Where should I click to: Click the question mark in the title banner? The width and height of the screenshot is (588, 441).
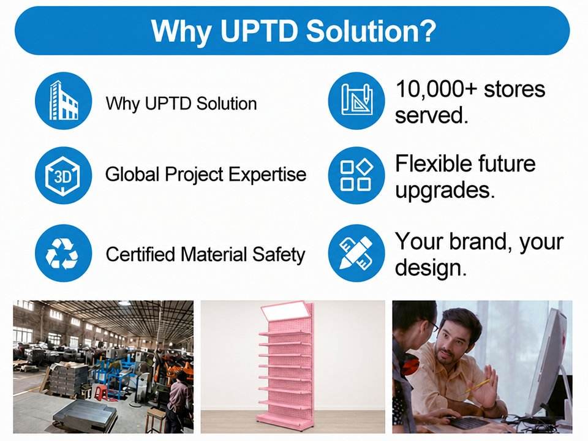pos(426,30)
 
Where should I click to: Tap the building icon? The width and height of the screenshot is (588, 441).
pos(63,101)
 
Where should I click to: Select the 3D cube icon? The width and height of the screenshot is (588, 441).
pos(63,175)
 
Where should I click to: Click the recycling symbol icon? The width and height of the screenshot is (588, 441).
pos(63,253)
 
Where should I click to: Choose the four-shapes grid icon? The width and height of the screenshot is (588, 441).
pos(356,175)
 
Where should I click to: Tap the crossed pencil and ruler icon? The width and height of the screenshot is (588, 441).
pos(356,253)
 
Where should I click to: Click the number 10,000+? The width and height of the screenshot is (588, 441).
pos(437,90)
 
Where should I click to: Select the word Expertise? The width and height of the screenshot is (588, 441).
pos(268,175)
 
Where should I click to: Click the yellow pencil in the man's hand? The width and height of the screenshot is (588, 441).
pos(477,386)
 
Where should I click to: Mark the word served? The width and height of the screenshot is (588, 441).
pos(432,116)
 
